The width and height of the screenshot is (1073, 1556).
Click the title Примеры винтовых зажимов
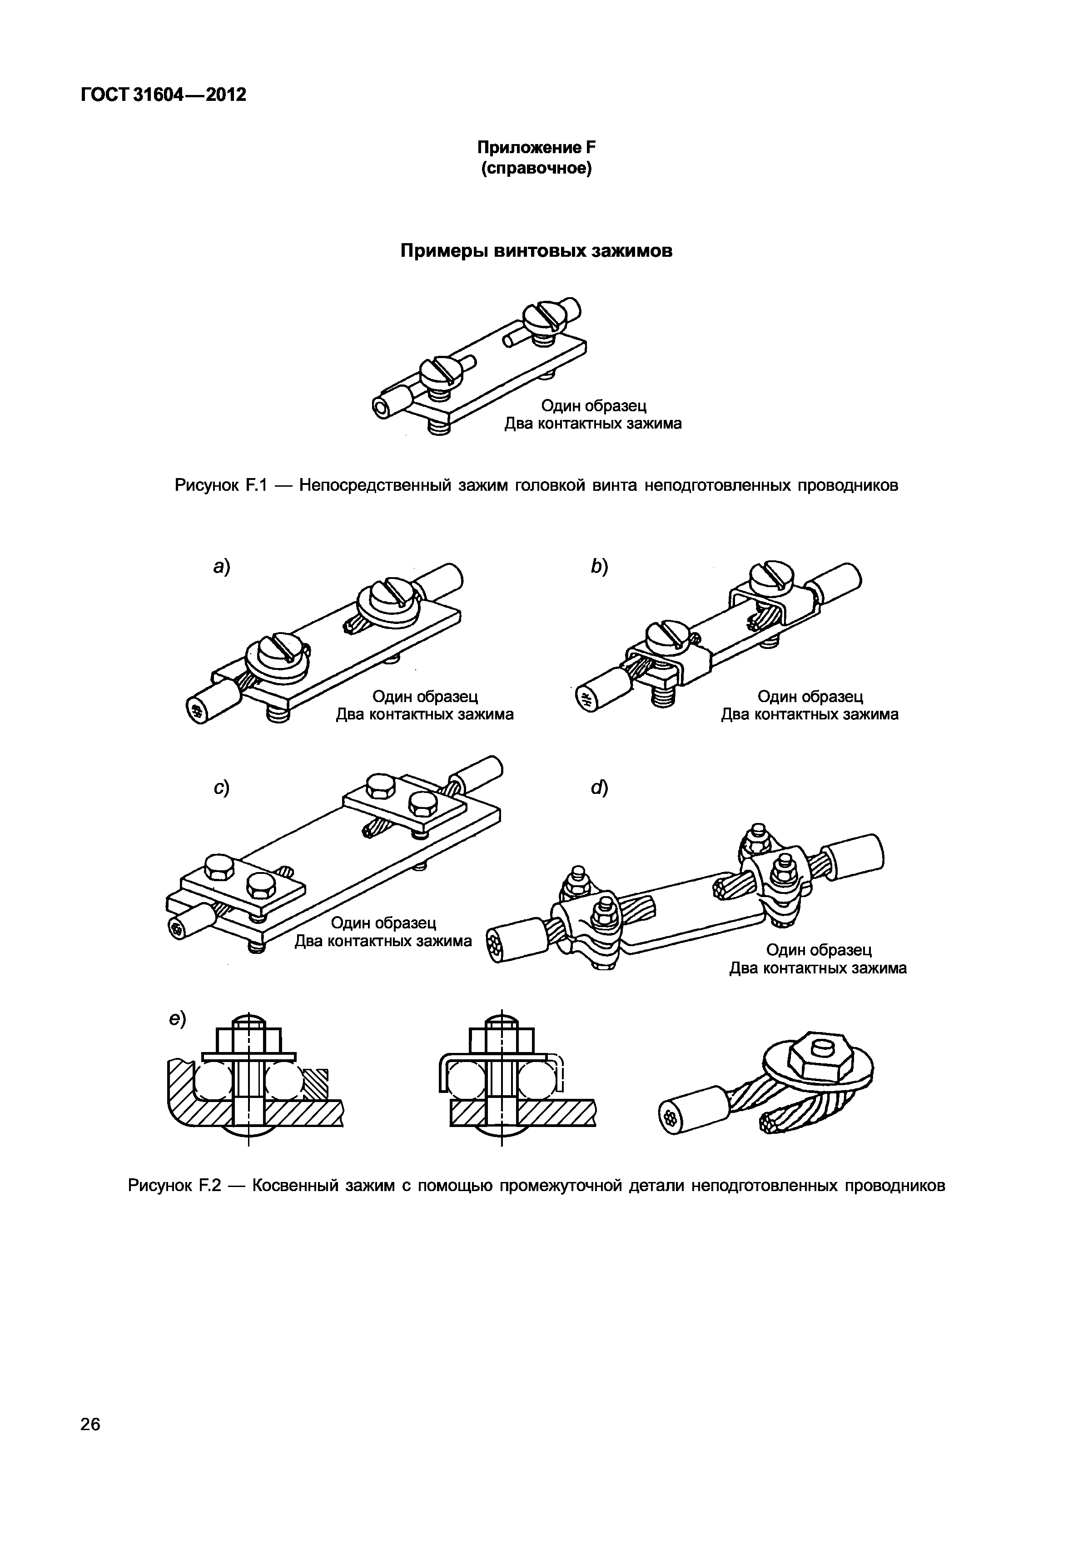[536, 251]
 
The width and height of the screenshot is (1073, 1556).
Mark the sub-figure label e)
[177, 1019]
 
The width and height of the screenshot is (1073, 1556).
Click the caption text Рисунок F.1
[221, 485]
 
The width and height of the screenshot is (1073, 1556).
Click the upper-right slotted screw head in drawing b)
[773, 576]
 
